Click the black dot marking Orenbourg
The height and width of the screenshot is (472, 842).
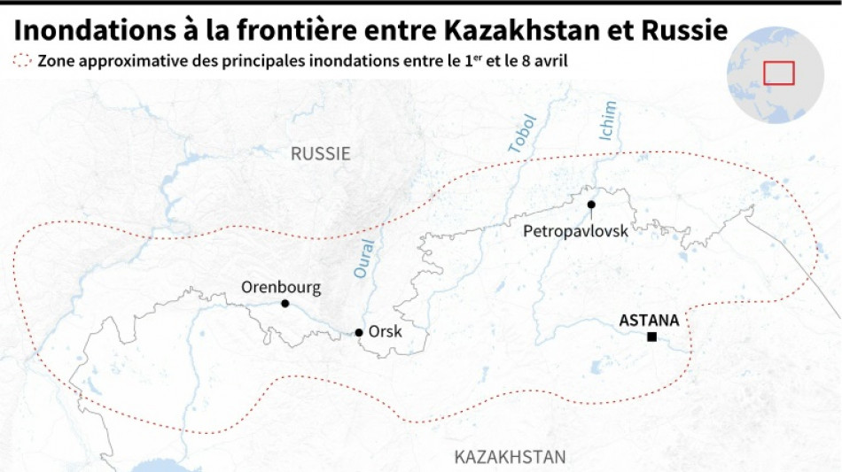click(x=285, y=304)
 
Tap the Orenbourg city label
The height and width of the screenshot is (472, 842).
click(x=281, y=287)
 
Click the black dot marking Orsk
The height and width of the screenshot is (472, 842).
click(x=359, y=333)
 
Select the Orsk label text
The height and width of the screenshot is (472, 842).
click(x=386, y=332)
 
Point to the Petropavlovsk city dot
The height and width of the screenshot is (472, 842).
click(x=591, y=205)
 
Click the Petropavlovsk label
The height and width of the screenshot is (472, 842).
click(x=575, y=230)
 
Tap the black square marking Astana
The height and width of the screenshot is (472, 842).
click(x=652, y=337)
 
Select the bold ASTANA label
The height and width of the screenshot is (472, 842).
click(x=649, y=321)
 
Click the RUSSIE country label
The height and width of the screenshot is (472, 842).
click(x=321, y=153)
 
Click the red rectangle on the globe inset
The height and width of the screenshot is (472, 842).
click(x=778, y=73)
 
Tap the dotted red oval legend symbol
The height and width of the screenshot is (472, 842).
click(x=23, y=61)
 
